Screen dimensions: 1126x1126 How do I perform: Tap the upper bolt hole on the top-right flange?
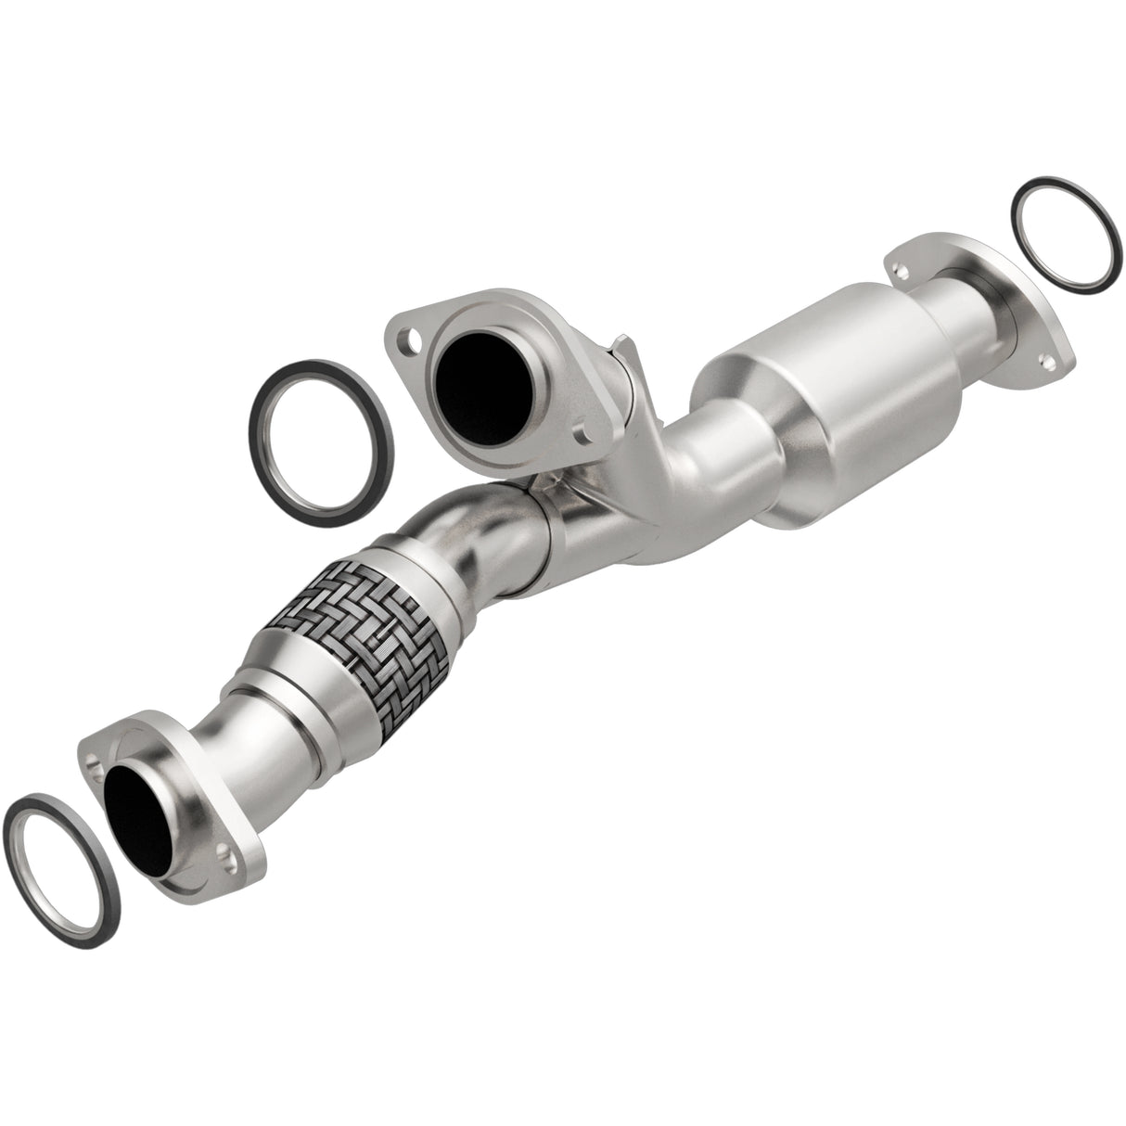(x=898, y=269)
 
